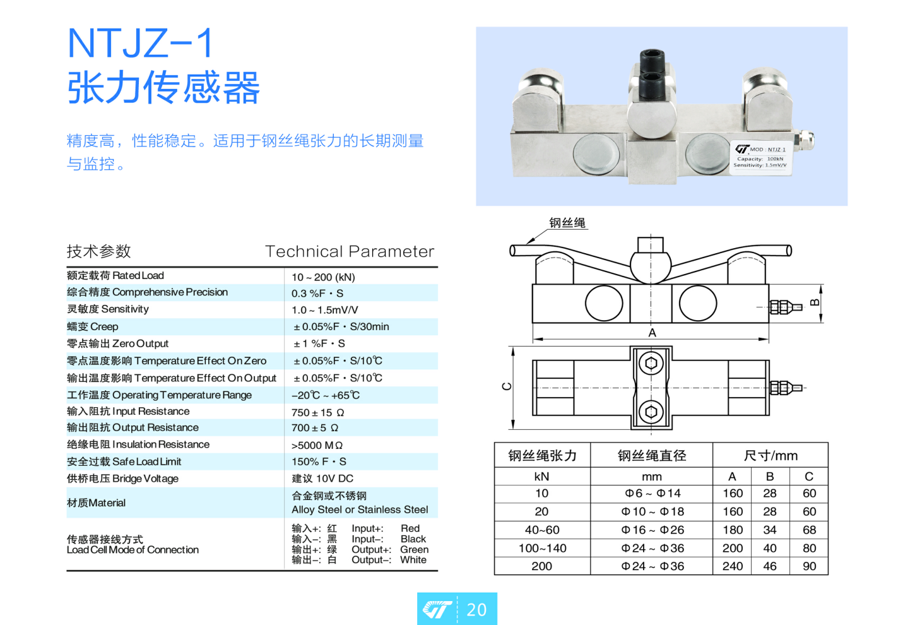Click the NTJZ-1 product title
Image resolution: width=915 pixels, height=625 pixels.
pyautogui.click(x=140, y=43)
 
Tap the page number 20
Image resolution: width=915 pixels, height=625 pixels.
pyautogui.click(x=476, y=609)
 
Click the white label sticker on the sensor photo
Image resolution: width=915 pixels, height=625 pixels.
pyautogui.click(x=760, y=158)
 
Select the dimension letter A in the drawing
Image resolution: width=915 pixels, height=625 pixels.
pyautogui.click(x=652, y=333)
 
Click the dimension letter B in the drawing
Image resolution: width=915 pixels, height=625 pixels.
pyautogui.click(x=815, y=303)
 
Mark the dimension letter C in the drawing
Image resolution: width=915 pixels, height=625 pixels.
pyautogui.click(x=507, y=386)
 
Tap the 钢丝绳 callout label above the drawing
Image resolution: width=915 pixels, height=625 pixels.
pyautogui.click(x=567, y=223)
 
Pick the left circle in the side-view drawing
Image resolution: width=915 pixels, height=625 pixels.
pyautogui.click(x=604, y=303)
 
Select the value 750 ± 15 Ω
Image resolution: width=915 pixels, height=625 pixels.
pyautogui.click(x=317, y=412)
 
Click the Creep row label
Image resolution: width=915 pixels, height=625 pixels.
pyautogui.click(x=92, y=326)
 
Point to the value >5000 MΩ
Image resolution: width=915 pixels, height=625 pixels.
pyautogui.click(x=317, y=445)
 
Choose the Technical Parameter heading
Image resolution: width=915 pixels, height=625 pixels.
pyautogui.click(x=349, y=251)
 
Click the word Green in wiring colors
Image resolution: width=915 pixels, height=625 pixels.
pyautogui.click(x=414, y=549)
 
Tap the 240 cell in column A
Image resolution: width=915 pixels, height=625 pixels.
pyautogui.click(x=733, y=566)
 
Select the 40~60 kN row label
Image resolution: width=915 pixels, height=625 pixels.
pyautogui.click(x=542, y=530)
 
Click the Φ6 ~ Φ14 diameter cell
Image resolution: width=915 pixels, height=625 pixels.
pyautogui.click(x=652, y=494)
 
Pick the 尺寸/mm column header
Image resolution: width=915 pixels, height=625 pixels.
pyautogui.click(x=770, y=455)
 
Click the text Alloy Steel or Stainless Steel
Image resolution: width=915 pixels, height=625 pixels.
pyautogui.click(x=360, y=509)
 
